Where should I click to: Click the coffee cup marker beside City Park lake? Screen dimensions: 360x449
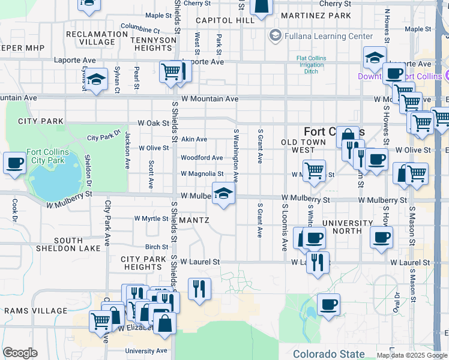(14, 162)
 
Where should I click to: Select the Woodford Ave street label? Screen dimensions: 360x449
(202, 158)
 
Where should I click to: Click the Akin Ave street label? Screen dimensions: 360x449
(194, 138)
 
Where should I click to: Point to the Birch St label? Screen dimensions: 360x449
(157, 247)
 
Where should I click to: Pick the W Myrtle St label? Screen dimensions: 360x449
(151, 218)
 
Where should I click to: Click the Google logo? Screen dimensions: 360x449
(20, 353)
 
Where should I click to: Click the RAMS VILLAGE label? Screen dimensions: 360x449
(35, 311)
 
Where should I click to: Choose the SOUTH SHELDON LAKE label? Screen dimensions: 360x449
(59, 244)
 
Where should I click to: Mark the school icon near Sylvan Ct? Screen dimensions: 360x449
(95, 79)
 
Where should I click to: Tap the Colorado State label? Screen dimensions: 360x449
(328, 354)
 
